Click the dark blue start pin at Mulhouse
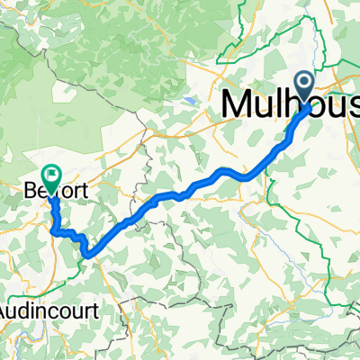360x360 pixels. click(x=308, y=88)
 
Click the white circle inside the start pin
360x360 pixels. click(x=308, y=85)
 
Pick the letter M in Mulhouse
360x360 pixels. click(x=235, y=103)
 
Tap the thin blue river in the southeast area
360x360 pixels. click(x=297, y=261)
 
